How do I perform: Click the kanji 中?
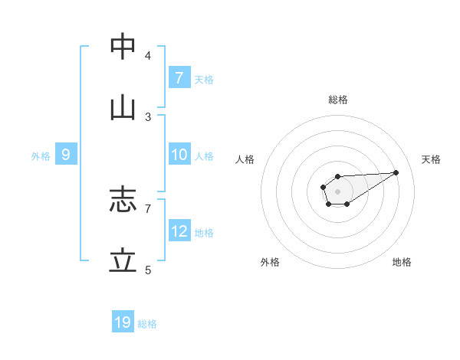coord(123,47)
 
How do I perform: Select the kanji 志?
coord(123,200)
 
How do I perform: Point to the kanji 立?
coord(123,261)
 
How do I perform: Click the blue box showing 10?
coord(179,155)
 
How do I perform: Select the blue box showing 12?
coord(179,231)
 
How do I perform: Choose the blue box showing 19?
coord(123,322)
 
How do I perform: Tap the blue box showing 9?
coord(66,155)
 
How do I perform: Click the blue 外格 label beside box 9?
coord(41,156)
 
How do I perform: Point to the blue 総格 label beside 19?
coord(147,324)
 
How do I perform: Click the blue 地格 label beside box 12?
coord(204,233)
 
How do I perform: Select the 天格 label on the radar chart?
coord(432,159)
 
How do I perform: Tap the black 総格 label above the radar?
coord(338,100)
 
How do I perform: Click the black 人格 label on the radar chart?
coord(245,159)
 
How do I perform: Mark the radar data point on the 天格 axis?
coord(396,172)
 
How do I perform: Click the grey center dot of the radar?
coord(337,191)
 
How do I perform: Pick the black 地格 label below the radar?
coord(402,262)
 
